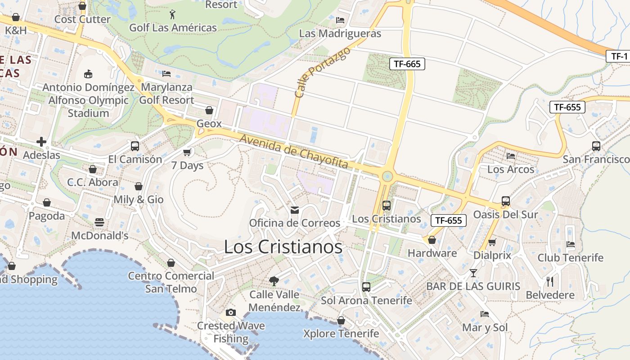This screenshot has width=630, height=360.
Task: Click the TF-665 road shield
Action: click(407, 64)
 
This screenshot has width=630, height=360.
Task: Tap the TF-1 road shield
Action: click(619, 56)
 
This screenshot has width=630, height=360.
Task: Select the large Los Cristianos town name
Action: click(283, 247)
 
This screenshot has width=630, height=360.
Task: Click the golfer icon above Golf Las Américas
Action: click(172, 14)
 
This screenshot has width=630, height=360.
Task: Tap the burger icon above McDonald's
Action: click(99, 222)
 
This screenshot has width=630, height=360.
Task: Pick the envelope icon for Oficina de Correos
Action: click(295, 210)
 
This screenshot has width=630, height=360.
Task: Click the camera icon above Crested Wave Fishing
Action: click(230, 312)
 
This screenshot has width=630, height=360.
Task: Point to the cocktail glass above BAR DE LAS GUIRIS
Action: click(473, 273)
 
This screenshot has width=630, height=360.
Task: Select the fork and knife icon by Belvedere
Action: click(550, 282)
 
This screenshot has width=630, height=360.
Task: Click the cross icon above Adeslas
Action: click(41, 142)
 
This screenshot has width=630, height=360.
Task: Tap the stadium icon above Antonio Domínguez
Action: click(88, 74)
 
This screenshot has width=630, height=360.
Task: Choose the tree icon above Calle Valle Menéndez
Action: click(274, 281)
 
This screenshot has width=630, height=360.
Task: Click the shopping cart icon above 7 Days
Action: click(187, 152)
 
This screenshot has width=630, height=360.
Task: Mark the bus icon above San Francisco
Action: click(596, 146)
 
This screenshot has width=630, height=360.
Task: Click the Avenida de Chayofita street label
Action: click(294, 152)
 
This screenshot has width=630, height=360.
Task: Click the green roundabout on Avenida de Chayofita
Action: click(387, 176)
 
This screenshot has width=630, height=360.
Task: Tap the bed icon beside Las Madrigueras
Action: click(340, 20)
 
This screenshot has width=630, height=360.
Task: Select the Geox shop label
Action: click(209, 124)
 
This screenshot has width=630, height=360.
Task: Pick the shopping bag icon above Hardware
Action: click(432, 240)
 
